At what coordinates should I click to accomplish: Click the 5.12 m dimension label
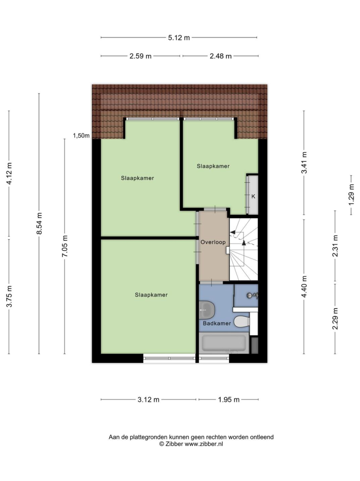(x=179, y=38)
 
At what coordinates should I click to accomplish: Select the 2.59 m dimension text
(x=140, y=56)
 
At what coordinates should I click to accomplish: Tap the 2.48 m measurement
(x=221, y=56)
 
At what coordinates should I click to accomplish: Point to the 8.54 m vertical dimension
(x=39, y=223)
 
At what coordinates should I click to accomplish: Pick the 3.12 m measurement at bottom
(x=148, y=399)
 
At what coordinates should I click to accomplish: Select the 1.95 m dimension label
(x=229, y=399)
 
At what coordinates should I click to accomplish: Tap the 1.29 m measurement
(x=352, y=195)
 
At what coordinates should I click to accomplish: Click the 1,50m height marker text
(x=81, y=135)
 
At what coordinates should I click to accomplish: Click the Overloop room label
(x=213, y=242)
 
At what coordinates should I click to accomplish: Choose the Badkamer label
(x=217, y=323)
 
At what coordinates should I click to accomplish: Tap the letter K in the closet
(x=253, y=196)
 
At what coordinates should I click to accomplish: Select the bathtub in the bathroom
(x=224, y=343)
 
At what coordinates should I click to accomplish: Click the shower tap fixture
(x=253, y=296)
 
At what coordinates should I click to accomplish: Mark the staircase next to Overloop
(x=244, y=249)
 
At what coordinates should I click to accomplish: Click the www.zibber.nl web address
(x=204, y=444)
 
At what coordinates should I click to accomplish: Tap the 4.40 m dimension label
(x=304, y=286)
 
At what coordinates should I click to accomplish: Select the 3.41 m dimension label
(x=304, y=163)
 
